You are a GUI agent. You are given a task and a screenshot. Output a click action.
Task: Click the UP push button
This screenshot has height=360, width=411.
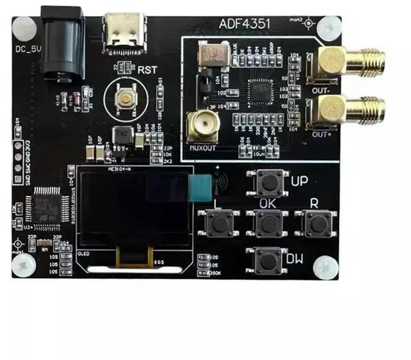pos(270,183)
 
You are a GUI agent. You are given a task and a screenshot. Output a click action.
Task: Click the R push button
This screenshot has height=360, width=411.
pos(315,223)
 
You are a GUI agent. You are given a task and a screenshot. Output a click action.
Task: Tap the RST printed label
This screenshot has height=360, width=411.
pos(143,67)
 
